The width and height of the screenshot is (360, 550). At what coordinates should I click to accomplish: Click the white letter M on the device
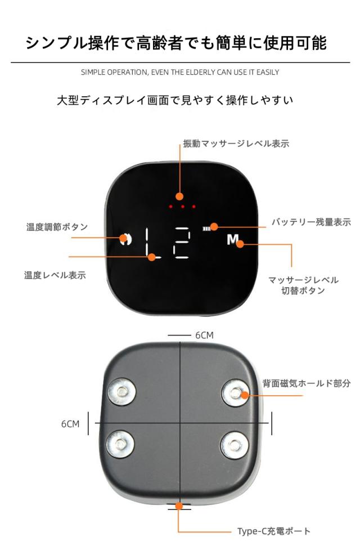[x=233, y=239]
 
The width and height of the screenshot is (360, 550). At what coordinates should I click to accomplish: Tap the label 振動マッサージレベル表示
[x=236, y=144]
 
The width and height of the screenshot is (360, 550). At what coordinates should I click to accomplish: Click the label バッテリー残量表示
[x=311, y=222]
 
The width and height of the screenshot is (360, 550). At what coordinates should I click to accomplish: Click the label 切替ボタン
[x=302, y=291]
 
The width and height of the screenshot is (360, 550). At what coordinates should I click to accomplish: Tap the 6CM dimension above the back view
[x=204, y=335]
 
